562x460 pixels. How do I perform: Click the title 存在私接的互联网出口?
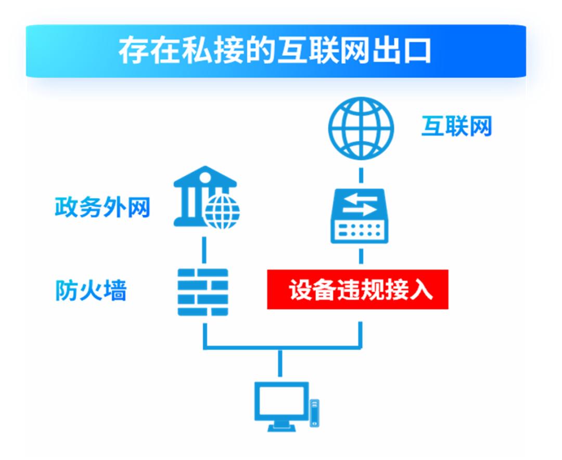pyautogui.click(x=275, y=50)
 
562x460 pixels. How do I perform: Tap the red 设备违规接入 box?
pyautogui.click(x=357, y=289)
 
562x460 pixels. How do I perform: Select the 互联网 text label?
pyautogui.click(x=456, y=126)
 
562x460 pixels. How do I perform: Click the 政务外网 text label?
pyautogui.click(x=102, y=207)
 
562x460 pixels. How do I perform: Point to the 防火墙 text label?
pyautogui.click(x=91, y=290)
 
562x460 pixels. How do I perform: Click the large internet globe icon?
pyautogui.click(x=361, y=128)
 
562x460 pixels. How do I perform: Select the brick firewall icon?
pyautogui.click(x=203, y=292)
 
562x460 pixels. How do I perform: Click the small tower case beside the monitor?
pyautogui.click(x=314, y=413)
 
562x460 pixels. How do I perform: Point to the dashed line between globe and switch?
pyautogui.click(x=361, y=175)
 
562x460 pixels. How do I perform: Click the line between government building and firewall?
pyautogui.click(x=204, y=250)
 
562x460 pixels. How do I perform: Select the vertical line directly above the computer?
pyautogui.click(x=280, y=363)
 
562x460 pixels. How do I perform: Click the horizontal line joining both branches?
pyautogui.click(x=283, y=347)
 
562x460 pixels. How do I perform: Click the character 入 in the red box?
pyautogui.click(x=421, y=290)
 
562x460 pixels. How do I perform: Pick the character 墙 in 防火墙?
pyautogui.click(x=115, y=290)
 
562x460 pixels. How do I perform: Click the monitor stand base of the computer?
pyautogui.click(x=282, y=427)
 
